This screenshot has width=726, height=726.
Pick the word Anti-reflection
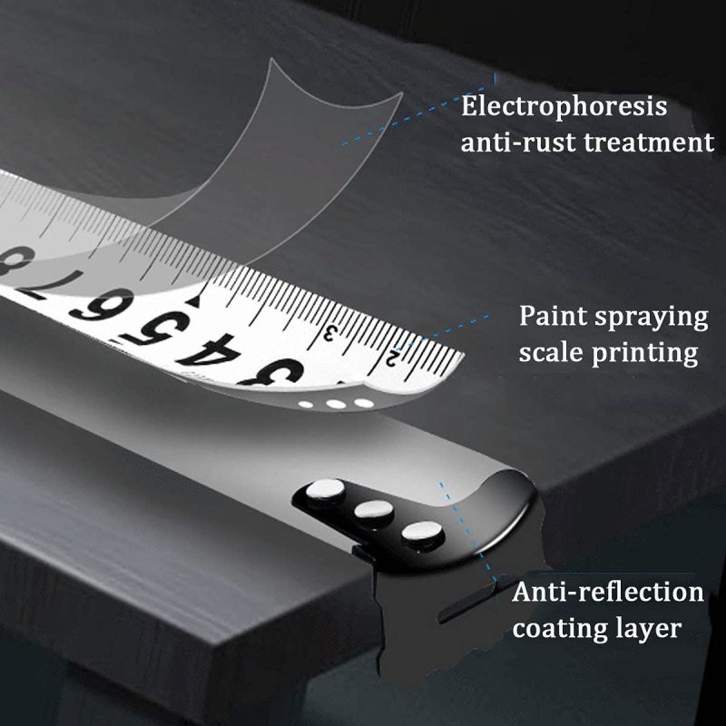tap(608, 593)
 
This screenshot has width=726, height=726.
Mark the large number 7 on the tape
tap(52, 283)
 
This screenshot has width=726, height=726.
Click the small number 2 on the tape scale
tap(392, 358)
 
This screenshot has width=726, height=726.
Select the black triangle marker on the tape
tap(194, 301)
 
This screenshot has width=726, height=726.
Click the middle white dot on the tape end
tap(336, 404)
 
